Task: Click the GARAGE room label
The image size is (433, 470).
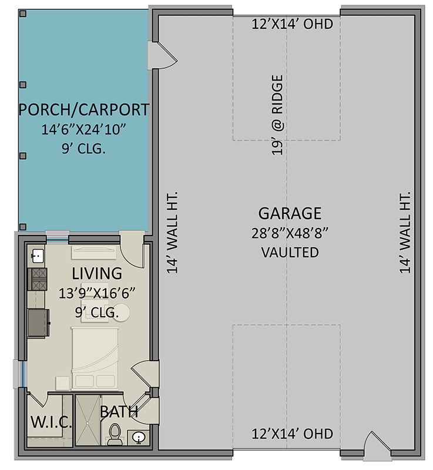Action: [x=290, y=213]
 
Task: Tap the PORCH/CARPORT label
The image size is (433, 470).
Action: [x=83, y=110]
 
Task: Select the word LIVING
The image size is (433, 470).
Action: [x=97, y=273]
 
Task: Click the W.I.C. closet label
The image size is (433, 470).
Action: [x=51, y=422]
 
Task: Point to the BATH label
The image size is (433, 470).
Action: [x=119, y=412]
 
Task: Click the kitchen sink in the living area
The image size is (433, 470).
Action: [x=36, y=256]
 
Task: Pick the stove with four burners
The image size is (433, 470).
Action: [x=38, y=278]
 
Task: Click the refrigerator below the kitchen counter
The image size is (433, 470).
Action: [x=39, y=323]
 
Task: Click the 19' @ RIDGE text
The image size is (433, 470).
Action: [x=278, y=115]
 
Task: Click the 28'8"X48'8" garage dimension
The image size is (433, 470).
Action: [x=290, y=233]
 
